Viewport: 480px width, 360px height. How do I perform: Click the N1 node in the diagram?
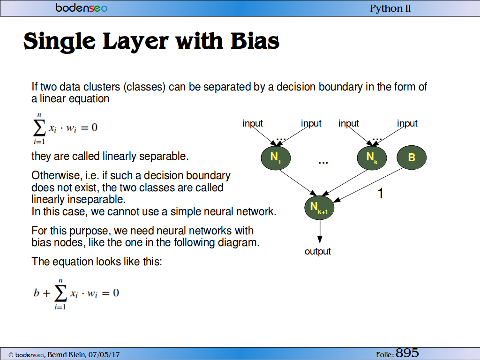pos(276,157)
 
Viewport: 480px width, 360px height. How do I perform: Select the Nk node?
pos(372,157)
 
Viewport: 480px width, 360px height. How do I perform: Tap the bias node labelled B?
pos(412,157)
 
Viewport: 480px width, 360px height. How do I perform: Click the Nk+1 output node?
pos(319,208)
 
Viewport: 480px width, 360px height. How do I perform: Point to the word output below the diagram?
pos(318,251)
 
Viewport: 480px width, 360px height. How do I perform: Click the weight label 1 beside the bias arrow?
pos(381,194)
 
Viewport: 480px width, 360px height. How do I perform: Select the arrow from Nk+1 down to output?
pos(320,232)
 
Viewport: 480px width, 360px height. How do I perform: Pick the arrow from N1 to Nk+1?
pos(298,182)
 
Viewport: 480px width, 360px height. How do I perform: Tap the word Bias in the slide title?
pos(255,41)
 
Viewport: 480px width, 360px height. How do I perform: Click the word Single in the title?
pos(60,42)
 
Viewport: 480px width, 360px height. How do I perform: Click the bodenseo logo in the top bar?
pos(82,7)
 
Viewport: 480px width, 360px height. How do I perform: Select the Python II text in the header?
pos(390,8)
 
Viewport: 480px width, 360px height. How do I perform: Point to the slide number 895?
pos(407,352)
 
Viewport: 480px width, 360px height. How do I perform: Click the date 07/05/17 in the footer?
pos(104,354)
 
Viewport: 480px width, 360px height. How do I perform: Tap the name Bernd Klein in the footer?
pos(67,354)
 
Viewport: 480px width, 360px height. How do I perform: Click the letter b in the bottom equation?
pos(37,292)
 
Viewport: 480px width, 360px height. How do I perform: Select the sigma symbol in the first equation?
pos(39,127)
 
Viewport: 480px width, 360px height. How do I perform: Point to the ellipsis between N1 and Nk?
pos(323,163)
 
